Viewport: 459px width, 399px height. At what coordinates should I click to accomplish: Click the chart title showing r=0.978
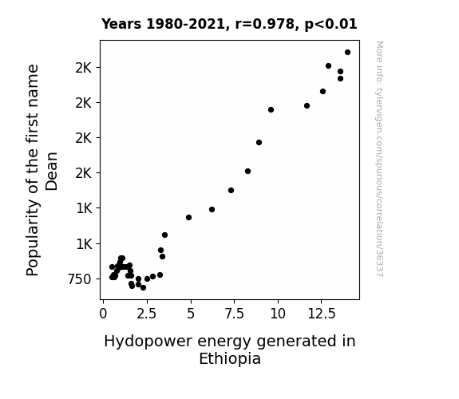pos(229,24)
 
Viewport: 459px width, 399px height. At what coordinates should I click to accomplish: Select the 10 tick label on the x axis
pos(278,314)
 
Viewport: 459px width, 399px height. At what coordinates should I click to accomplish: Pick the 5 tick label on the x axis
pos(191,314)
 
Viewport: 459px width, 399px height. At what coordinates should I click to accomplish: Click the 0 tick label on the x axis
pos(103,314)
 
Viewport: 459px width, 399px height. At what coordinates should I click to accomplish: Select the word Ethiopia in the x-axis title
pos(230,358)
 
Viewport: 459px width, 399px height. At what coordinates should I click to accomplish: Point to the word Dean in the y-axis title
pos(52,172)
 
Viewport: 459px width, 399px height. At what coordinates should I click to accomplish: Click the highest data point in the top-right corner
pos(347,53)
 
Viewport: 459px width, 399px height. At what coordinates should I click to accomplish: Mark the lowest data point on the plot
pos(143,288)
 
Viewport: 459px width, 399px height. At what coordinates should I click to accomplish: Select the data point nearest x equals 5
pos(189,218)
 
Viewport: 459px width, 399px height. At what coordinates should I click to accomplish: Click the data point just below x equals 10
pos(271,110)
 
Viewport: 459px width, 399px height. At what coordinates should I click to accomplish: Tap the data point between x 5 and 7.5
pos(212,210)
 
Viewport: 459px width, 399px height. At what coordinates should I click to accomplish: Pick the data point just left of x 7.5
pos(231,190)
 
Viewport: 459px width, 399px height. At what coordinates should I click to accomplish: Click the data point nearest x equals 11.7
pos(307,105)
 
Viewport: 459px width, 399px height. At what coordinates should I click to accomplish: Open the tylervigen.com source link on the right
pos(379,159)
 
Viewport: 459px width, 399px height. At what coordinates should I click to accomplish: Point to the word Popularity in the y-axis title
pos(33,238)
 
